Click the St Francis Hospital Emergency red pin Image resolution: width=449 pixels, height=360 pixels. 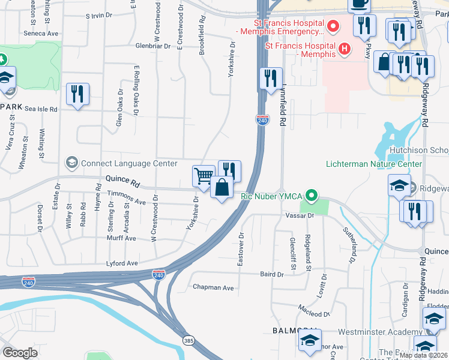[x=334, y=27]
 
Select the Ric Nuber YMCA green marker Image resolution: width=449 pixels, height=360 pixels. [x=311, y=196]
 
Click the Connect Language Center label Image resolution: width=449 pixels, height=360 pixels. [x=129, y=163]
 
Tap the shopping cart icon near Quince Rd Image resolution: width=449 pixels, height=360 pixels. [x=203, y=176]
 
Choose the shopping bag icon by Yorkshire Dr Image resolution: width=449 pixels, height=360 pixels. [x=221, y=187]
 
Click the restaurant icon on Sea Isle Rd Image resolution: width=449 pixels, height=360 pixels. [x=77, y=94]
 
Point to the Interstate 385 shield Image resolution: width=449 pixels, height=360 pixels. [x=188, y=340]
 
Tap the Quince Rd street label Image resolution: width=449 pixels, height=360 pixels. [x=122, y=179]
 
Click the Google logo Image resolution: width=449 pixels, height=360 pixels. [x=20, y=353]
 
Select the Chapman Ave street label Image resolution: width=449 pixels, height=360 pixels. [x=212, y=287]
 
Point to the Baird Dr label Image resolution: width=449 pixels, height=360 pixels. [x=271, y=274]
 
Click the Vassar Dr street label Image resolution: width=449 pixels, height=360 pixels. [x=300, y=215]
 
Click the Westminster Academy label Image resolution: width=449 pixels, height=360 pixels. [x=380, y=332]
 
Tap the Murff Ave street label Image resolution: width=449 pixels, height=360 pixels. [x=122, y=238]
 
